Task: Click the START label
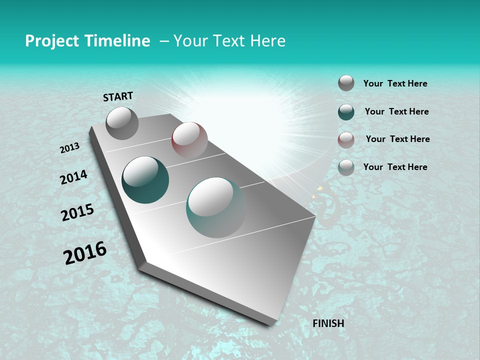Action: click(x=118, y=96)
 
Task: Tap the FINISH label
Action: click(x=328, y=323)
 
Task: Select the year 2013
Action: click(x=69, y=148)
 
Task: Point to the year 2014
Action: click(x=73, y=177)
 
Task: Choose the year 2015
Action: click(x=77, y=212)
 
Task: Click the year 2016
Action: click(x=85, y=253)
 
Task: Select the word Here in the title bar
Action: click(x=267, y=41)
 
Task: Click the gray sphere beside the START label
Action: click(x=122, y=123)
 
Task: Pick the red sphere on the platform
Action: click(x=189, y=139)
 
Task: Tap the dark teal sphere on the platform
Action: click(x=145, y=180)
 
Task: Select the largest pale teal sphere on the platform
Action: click(x=216, y=207)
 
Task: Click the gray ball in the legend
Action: click(x=346, y=83)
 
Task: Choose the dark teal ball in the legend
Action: click(x=346, y=112)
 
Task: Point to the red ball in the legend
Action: click(x=346, y=140)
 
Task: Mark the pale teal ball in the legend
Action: click(x=346, y=167)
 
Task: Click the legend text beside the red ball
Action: click(x=397, y=139)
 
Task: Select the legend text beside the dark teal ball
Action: click(x=396, y=111)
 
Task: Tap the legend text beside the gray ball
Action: click(x=395, y=83)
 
